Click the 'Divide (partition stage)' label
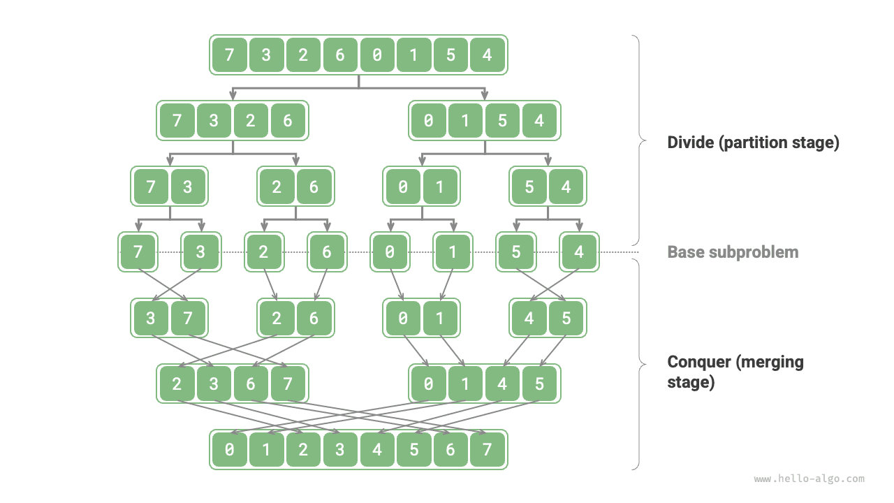click(753, 143)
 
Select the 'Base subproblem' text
click(733, 251)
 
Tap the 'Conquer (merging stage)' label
click(735, 372)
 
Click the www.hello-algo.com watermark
click(809, 479)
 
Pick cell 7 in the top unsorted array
click(230, 54)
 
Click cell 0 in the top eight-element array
click(377, 54)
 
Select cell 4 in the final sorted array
click(377, 450)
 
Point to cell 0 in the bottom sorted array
click(230, 450)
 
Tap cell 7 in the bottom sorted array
click(487, 450)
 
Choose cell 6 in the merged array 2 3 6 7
click(251, 384)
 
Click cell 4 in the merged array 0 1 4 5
click(502, 384)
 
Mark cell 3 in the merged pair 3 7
click(151, 319)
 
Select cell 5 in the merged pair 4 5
click(566, 319)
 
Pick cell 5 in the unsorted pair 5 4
click(529, 187)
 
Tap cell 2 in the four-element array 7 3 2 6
click(251, 121)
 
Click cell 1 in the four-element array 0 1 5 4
click(465, 121)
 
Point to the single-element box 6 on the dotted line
click(326, 251)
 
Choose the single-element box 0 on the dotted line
click(389, 251)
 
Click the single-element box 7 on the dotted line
click(138, 251)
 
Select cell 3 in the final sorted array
click(340, 450)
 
